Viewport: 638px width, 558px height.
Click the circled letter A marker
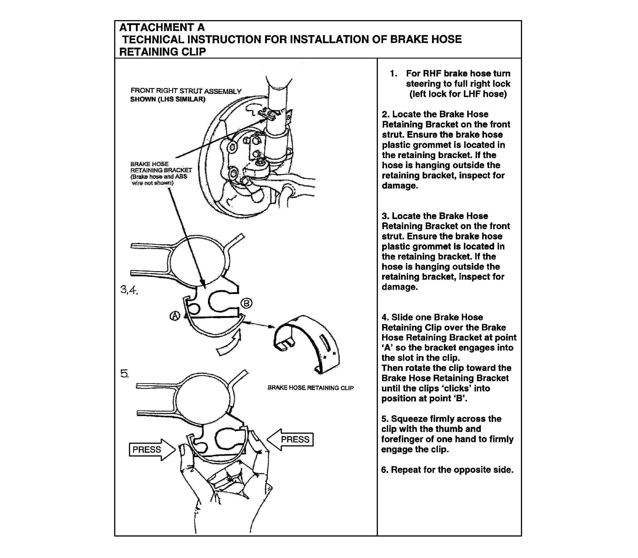point(175,316)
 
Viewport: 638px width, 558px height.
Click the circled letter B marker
point(246,303)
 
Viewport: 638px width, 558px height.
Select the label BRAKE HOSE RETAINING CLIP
point(310,388)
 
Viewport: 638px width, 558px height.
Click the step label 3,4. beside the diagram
point(129,290)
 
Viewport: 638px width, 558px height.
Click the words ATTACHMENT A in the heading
point(162,27)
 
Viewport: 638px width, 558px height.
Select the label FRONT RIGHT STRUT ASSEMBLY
point(186,91)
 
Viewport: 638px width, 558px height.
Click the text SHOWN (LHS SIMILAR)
point(167,99)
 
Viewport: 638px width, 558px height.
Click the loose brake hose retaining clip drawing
point(307,342)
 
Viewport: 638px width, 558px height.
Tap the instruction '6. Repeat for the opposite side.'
point(447,469)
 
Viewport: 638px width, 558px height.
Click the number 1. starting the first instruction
point(394,74)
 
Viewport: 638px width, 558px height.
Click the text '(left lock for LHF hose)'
point(458,94)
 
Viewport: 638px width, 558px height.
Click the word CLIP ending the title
point(195,52)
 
